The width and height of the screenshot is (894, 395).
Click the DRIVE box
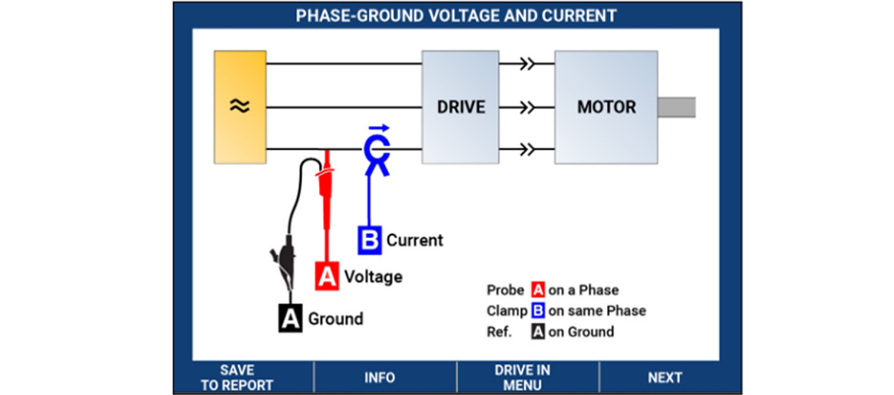(460, 107)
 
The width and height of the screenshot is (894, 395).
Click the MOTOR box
(606, 107)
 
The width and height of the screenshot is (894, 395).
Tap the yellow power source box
(240, 107)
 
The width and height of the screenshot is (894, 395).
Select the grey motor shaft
(677, 108)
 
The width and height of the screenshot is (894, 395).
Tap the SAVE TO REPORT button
(237, 378)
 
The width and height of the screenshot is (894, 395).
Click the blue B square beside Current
(370, 240)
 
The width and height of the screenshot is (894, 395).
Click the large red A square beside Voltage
(327, 276)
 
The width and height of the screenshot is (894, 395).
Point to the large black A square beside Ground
(291, 318)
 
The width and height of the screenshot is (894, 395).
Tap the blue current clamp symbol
(375, 152)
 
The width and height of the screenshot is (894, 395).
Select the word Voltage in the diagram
(374, 277)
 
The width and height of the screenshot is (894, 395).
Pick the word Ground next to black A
(335, 318)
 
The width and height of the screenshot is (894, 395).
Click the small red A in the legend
(538, 290)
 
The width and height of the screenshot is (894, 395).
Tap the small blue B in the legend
(538, 311)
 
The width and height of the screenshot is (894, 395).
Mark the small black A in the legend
(538, 331)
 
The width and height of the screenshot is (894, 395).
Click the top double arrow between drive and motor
(527, 64)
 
